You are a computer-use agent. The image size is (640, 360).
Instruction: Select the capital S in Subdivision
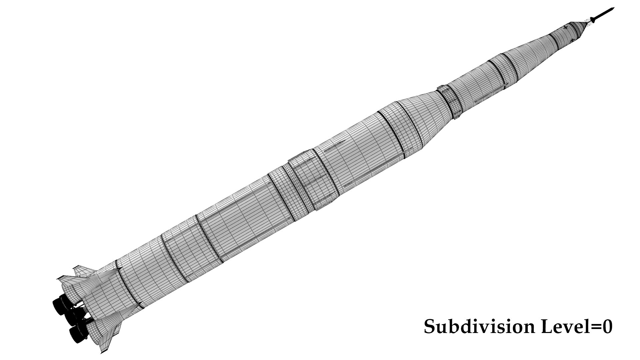(429, 327)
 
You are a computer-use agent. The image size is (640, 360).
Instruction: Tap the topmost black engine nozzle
(60, 305)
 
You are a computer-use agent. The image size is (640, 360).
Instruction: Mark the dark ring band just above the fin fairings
(127, 283)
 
